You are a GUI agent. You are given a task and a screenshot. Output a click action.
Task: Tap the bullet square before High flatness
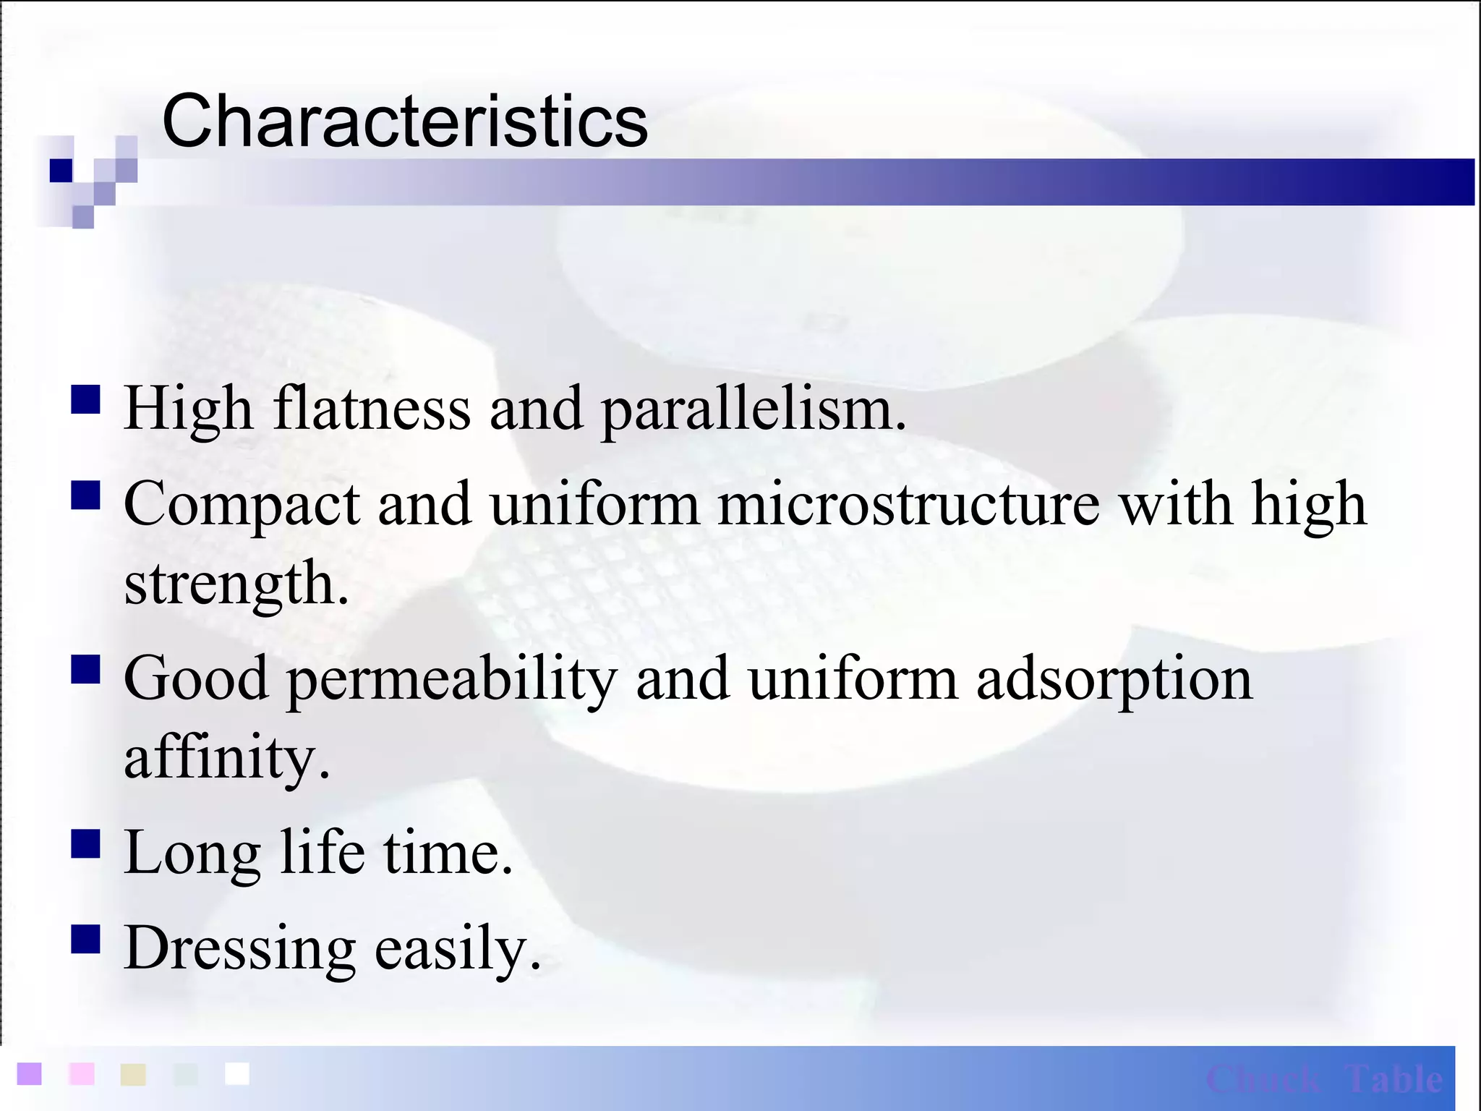point(85,399)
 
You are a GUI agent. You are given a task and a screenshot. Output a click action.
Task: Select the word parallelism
point(753,410)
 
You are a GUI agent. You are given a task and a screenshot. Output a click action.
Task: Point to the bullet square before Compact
point(85,496)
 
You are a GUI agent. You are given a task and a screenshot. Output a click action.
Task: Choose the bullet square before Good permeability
point(85,669)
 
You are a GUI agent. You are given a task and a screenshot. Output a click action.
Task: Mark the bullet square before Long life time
point(85,843)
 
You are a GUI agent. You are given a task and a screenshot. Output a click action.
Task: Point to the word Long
point(192,854)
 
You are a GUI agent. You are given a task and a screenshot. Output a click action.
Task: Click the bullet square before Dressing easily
point(85,940)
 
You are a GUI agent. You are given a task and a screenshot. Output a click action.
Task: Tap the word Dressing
point(239,949)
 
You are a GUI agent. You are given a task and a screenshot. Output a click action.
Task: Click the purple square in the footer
point(30,1074)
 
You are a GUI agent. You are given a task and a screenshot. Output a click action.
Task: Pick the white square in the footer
point(237,1074)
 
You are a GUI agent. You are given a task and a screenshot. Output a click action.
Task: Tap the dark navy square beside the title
point(61,171)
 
